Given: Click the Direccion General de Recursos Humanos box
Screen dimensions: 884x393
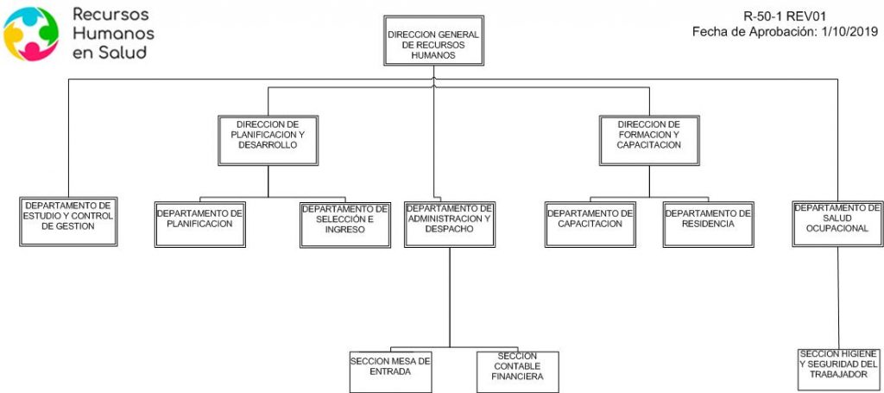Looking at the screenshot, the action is point(433,41).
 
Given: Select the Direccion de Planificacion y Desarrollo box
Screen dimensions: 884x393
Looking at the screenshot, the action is point(268,141).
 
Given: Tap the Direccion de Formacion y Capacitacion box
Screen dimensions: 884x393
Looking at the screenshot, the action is point(649,141).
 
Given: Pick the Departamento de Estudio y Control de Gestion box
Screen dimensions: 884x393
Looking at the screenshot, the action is point(68,222).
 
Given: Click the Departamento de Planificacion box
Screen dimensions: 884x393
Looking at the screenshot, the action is point(200,225).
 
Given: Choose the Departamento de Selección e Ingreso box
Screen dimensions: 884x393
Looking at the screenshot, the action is point(345,225).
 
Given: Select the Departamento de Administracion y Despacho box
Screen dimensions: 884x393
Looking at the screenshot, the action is point(450,225).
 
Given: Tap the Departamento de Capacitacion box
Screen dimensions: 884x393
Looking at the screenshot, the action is point(590,225).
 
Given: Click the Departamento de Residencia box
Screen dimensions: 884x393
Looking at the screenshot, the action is point(709,225).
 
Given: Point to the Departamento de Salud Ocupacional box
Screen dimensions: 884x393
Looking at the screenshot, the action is point(837,224).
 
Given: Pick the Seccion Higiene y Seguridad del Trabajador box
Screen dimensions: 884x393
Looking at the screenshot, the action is point(837,370).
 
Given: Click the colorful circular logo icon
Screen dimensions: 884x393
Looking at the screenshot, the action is point(31,34).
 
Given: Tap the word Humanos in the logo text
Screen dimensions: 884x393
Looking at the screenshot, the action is point(113,34).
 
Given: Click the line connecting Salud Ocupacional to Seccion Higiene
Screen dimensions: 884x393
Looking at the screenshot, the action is point(838,298).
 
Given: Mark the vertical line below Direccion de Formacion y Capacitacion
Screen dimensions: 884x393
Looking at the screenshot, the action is point(649,181).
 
